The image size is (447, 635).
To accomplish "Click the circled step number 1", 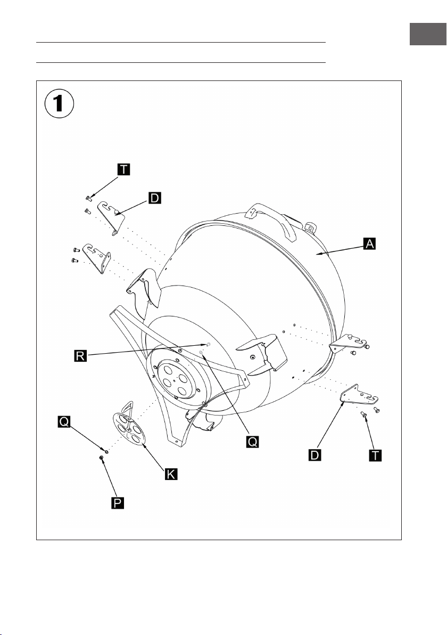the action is point(59,103).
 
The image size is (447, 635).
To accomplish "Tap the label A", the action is point(369,243).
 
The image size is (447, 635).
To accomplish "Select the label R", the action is point(80,356).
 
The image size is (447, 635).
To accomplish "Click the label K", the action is point(171,474).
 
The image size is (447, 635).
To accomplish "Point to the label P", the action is point(117,503).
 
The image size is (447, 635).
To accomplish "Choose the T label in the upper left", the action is point(124,169).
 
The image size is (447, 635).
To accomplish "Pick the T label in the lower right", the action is point(376,455).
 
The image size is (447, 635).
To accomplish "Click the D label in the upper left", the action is point(154,198).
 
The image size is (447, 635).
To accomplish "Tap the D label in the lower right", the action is point(314,455).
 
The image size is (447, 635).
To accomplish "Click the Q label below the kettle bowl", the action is point(252,442).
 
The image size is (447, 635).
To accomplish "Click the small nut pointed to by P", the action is point(101,457).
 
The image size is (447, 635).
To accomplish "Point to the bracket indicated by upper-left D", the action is point(111,217).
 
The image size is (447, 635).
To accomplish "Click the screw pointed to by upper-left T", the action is point(88,198).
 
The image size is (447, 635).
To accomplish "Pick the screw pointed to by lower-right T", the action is point(363,414).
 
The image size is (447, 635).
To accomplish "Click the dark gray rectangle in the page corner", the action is point(428,34).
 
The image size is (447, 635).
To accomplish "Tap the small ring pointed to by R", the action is point(208,344).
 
